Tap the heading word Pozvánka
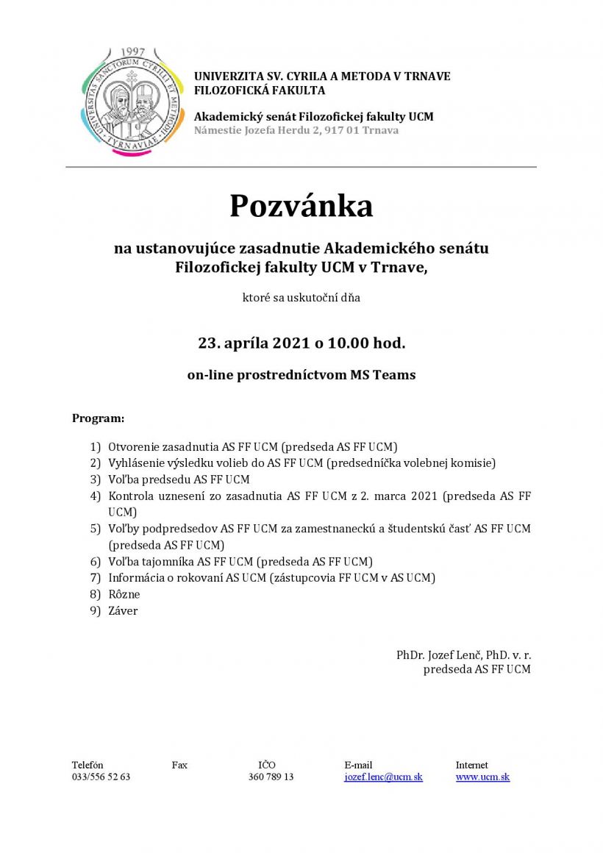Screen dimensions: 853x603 [301, 206]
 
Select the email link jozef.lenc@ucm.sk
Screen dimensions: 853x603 [383, 777]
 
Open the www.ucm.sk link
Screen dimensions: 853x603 [482, 777]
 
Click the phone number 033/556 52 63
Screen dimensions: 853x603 [101, 777]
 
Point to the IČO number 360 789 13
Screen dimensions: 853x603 [271, 777]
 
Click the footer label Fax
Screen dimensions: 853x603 [179, 765]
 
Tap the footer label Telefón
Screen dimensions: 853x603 [88, 765]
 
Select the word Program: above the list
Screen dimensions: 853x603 [99, 418]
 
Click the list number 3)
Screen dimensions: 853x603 [95, 479]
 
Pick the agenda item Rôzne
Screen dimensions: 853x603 [124, 594]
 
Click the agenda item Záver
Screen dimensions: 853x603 [123, 611]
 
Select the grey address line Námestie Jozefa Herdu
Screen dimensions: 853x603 [296, 130]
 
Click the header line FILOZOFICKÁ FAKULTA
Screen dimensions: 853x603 [260, 90]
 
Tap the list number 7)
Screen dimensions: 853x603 [95, 578]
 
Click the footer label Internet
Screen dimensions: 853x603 [471, 765]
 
